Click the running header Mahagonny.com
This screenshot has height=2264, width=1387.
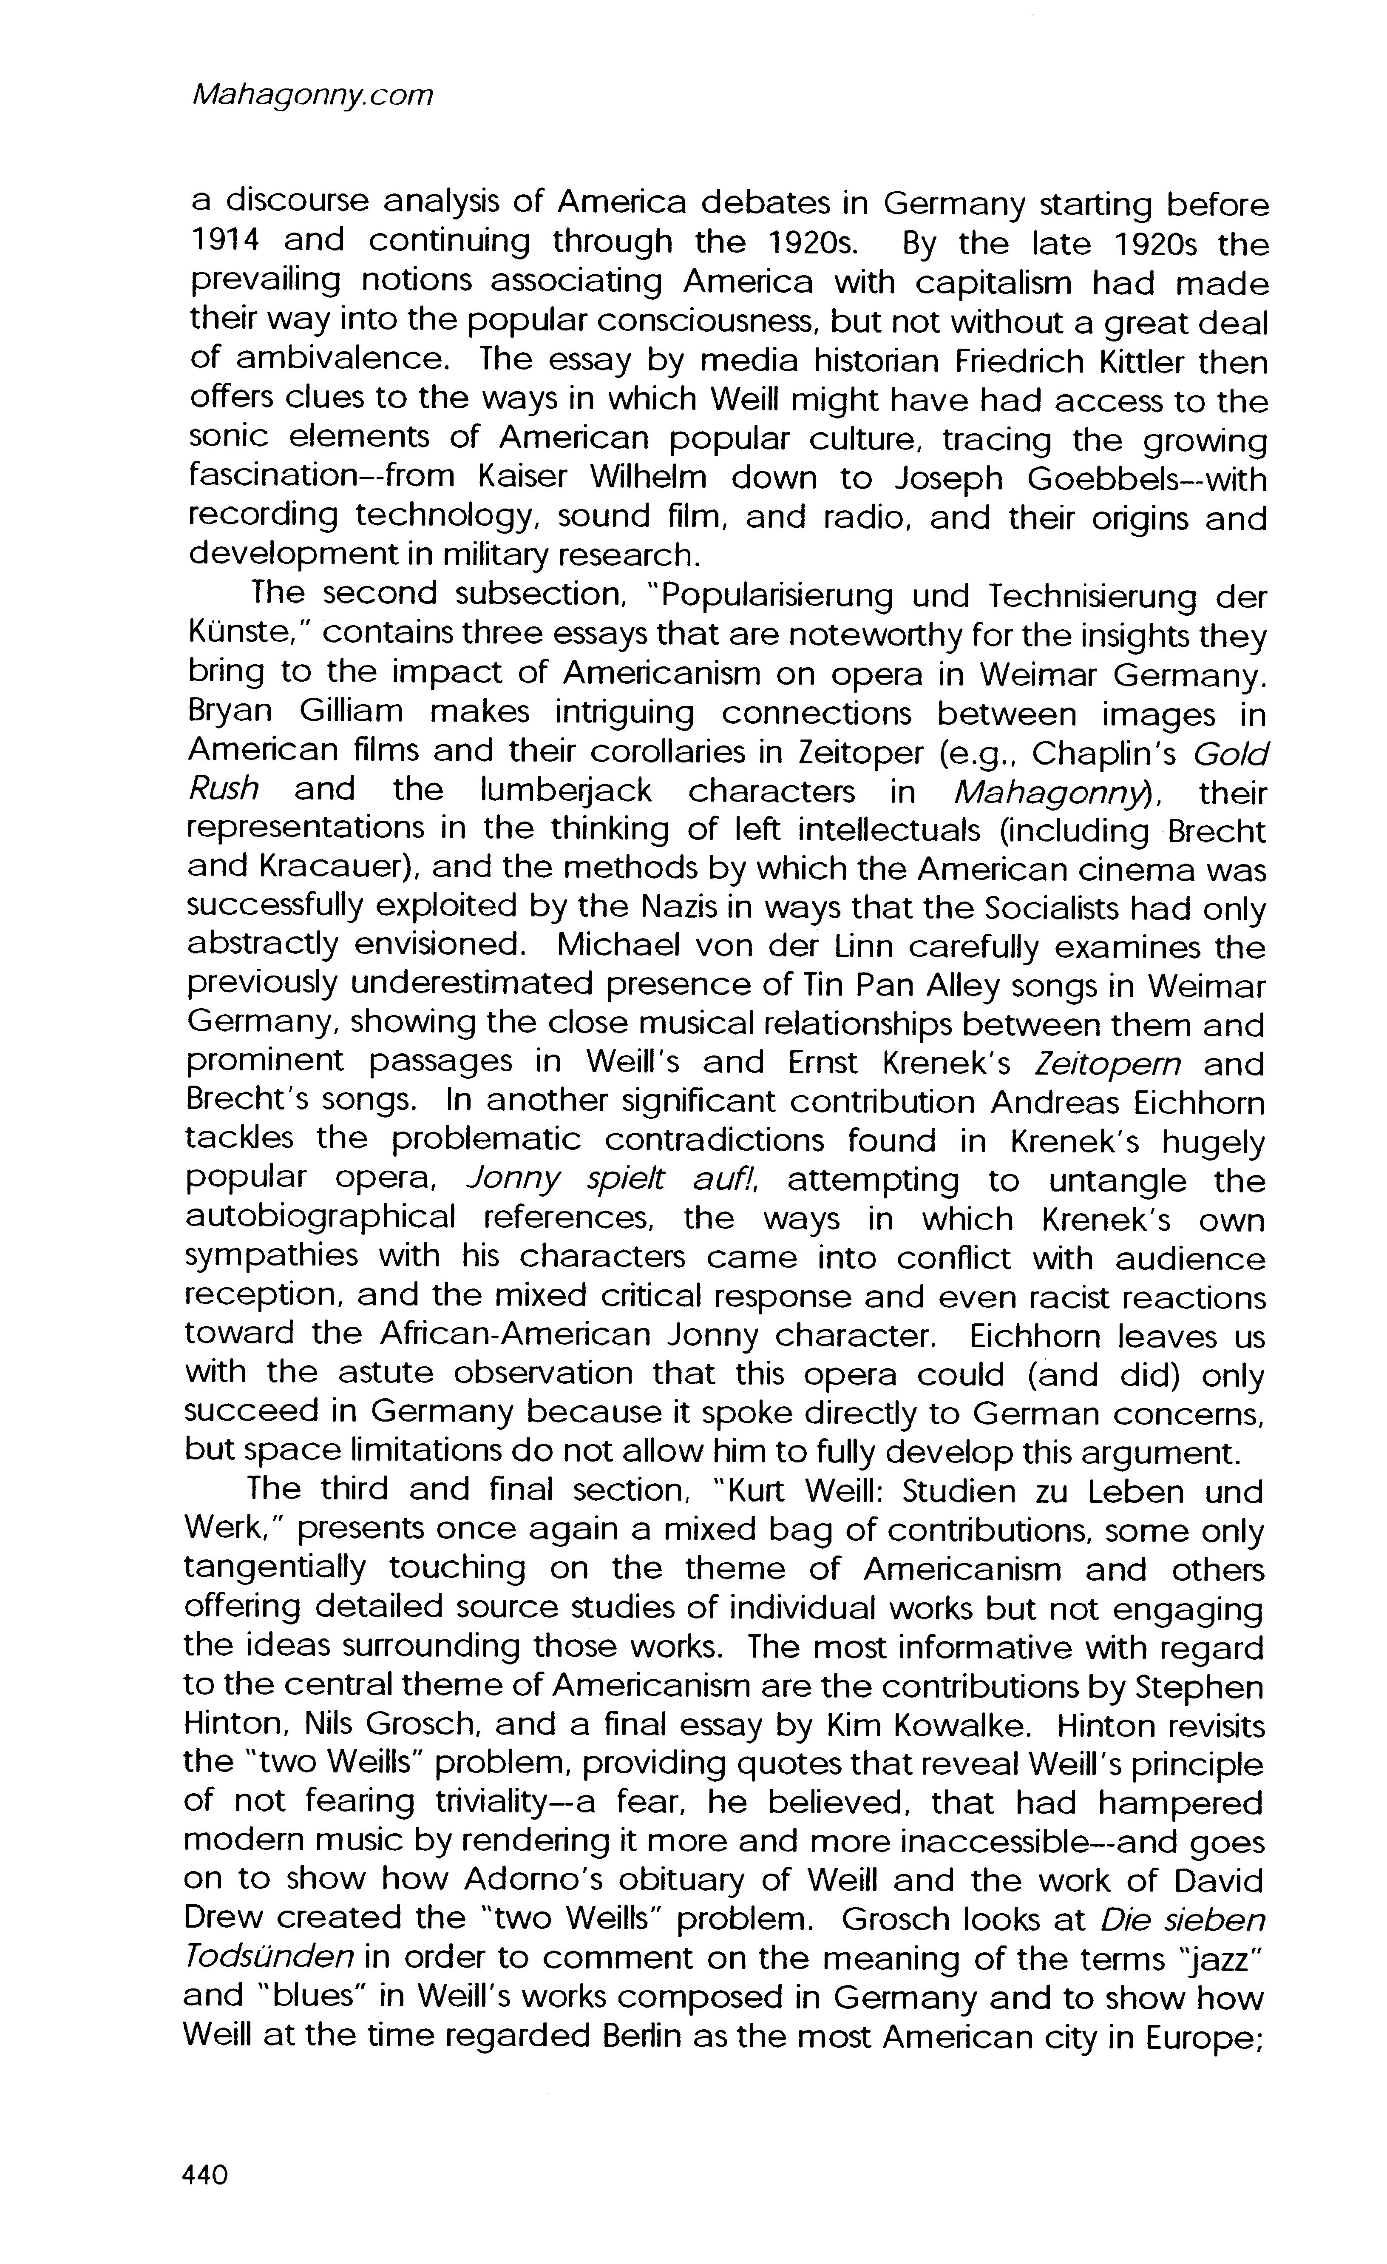tap(309, 96)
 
